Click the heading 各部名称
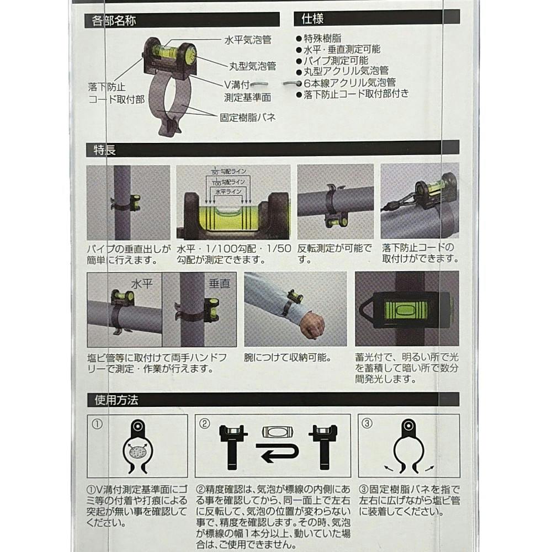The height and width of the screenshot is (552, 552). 113,21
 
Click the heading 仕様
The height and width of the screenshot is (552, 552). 312,19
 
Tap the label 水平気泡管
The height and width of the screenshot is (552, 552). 248,40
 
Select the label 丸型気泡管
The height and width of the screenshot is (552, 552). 252,66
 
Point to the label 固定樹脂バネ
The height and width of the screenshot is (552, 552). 247,118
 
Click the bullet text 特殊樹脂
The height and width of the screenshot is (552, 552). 322,39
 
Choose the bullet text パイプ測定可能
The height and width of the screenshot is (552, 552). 336,61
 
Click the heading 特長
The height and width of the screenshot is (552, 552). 104,150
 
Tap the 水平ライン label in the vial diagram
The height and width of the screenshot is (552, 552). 229,192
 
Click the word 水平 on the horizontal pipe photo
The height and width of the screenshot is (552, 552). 141,284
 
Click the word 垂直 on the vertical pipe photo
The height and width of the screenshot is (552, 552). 219,283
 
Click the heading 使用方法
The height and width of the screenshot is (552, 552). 116,400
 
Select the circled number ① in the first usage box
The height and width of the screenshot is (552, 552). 97,424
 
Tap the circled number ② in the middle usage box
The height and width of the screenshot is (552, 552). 205,423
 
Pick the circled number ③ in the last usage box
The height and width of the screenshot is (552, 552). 367,423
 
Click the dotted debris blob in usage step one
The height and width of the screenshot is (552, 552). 138,452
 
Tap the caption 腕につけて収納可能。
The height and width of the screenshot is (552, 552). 288,358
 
